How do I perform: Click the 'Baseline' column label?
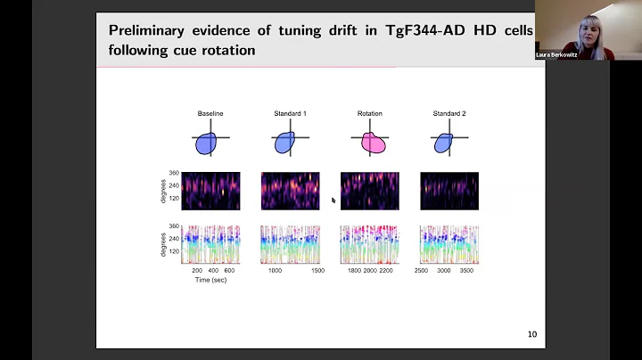pos(210,114)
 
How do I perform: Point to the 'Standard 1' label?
pos(290,114)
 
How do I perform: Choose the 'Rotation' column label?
pos(369,114)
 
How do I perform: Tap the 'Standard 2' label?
pos(449,114)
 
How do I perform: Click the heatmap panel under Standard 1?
pos(290,191)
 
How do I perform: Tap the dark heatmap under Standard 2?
pos(449,191)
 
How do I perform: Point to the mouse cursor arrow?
pos(333,200)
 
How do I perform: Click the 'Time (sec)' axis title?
pos(210,280)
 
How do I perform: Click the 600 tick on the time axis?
pos(228,269)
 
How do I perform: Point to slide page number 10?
pos(531,335)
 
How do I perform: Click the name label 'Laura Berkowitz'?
pos(557,55)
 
